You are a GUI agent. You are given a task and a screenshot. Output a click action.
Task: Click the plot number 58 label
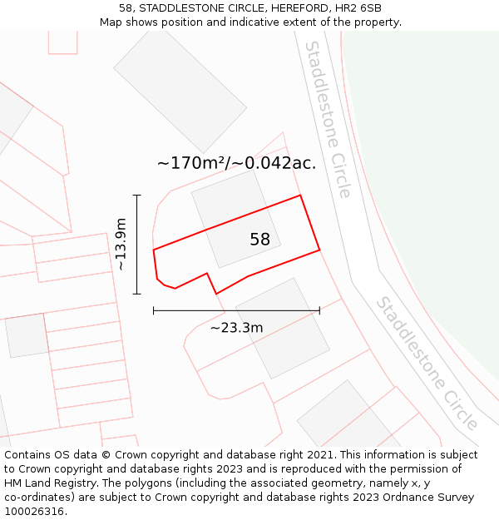(x=259, y=240)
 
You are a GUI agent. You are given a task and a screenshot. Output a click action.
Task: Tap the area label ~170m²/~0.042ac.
(x=236, y=163)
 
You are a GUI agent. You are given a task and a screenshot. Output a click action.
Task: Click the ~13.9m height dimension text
(x=121, y=245)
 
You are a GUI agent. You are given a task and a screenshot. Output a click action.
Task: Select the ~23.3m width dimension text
(x=236, y=328)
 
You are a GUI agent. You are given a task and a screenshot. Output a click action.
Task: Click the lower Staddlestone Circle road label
(x=427, y=363)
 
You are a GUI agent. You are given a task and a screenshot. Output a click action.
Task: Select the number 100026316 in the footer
(x=34, y=511)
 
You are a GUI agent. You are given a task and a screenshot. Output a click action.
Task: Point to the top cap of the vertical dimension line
(x=137, y=196)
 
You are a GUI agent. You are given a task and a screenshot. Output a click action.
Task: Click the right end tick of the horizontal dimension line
(x=319, y=311)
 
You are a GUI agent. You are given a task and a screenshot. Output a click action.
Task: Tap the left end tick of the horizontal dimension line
(x=154, y=311)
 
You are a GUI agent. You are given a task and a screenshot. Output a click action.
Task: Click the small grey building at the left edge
(x=27, y=334)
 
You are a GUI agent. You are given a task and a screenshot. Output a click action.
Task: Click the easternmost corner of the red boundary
(x=319, y=249)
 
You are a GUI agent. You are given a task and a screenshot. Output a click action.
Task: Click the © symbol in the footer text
(x=106, y=455)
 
